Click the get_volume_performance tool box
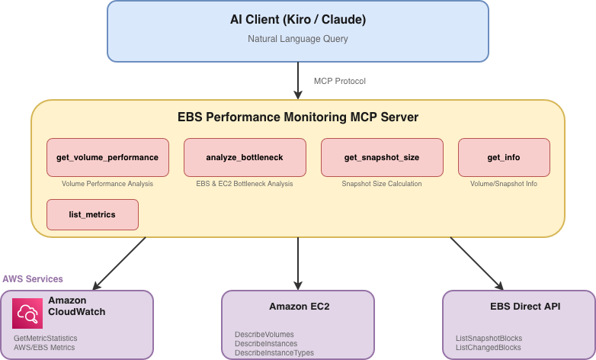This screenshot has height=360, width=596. tap(107, 157)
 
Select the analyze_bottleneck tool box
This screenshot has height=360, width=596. tap(245, 157)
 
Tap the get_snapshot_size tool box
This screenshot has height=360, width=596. tap(382, 157)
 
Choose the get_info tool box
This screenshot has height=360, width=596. tap(504, 157)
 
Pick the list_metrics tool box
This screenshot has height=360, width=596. tap(92, 214)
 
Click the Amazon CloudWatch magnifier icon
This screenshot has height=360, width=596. tap(27, 313)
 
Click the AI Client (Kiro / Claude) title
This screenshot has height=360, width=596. tap(298, 19)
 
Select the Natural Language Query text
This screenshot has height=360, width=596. tap(298, 38)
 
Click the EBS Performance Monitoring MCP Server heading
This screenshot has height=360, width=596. tap(298, 118)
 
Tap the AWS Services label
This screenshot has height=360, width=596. tap(33, 279)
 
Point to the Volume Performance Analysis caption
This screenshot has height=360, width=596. tap(107, 184)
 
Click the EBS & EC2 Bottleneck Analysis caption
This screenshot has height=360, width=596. tap(245, 184)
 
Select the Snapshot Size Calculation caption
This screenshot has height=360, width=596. tap(382, 184)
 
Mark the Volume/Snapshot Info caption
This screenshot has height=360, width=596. tap(504, 184)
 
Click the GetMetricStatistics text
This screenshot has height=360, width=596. tap(46, 338)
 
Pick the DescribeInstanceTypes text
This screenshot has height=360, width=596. tap(274, 353)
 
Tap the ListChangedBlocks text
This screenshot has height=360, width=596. tap(489, 347)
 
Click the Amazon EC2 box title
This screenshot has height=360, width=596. tap(298, 307)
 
